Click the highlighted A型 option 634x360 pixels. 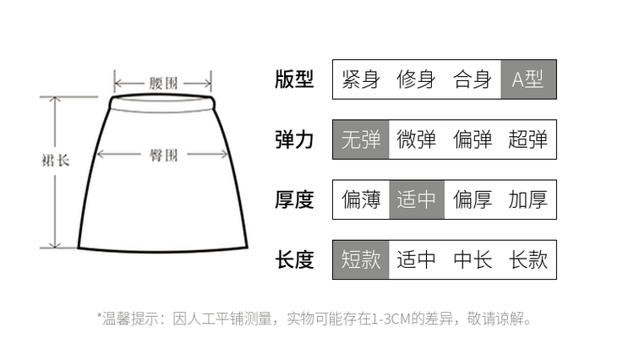point(528,79)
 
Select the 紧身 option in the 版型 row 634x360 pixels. point(361,79)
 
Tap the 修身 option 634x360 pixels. point(416,79)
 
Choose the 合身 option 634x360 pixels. point(473,79)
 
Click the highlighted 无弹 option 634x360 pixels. point(361,139)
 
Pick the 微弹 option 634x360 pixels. point(416,139)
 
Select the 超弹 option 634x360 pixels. point(528,139)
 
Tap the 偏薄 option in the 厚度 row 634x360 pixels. point(361,199)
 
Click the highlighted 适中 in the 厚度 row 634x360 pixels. point(417,199)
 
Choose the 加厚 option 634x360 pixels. point(528,199)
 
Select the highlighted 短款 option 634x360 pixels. point(361,259)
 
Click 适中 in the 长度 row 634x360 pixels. point(416,259)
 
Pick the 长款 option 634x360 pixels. point(528,259)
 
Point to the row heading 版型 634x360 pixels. point(294,79)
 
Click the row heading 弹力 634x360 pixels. point(294,139)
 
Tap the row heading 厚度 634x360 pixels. point(294,199)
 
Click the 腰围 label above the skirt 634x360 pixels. point(163,83)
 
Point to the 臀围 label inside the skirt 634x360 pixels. point(163,155)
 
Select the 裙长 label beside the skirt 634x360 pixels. point(56,161)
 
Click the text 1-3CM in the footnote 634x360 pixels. point(391,319)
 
